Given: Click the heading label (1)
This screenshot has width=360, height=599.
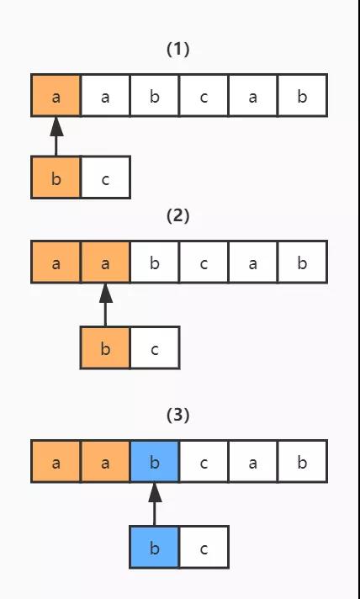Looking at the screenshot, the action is coord(178,50).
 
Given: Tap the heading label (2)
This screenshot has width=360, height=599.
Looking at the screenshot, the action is coord(178,216).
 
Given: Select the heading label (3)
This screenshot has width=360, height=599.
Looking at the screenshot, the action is coord(178,416).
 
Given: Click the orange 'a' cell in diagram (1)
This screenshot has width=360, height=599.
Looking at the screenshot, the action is coord(56,95).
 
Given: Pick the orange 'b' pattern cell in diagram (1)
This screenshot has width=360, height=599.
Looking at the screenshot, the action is coord(56,178).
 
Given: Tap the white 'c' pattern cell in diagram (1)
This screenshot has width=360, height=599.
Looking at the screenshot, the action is coord(106,178).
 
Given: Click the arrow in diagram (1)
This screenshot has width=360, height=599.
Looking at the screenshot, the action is coord(56,135).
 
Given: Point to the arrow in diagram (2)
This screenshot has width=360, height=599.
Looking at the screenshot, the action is coord(106,305).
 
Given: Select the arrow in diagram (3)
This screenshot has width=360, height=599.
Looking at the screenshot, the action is coord(155,504).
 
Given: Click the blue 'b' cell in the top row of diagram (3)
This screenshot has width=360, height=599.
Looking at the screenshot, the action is coord(155,461).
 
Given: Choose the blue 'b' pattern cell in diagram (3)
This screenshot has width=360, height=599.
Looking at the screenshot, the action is coord(155,547).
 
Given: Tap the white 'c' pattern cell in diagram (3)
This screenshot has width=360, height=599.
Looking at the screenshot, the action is coord(204,547).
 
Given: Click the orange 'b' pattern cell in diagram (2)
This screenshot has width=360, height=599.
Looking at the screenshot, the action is coord(105,347).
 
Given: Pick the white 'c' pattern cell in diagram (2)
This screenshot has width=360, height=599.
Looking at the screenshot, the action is coord(155,347).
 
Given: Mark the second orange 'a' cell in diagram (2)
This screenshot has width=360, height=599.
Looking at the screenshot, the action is coord(105,262).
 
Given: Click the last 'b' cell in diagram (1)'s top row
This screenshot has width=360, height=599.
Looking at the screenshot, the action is coord(302,95).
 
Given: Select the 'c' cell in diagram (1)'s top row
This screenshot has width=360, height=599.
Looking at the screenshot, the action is coord(204,95).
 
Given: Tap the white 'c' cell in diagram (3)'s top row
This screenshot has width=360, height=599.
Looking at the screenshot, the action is coord(204,461).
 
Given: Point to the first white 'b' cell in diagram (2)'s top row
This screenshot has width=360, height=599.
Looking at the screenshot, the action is coord(155,262).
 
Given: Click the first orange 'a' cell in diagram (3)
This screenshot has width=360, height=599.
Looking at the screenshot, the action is coord(56,461).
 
